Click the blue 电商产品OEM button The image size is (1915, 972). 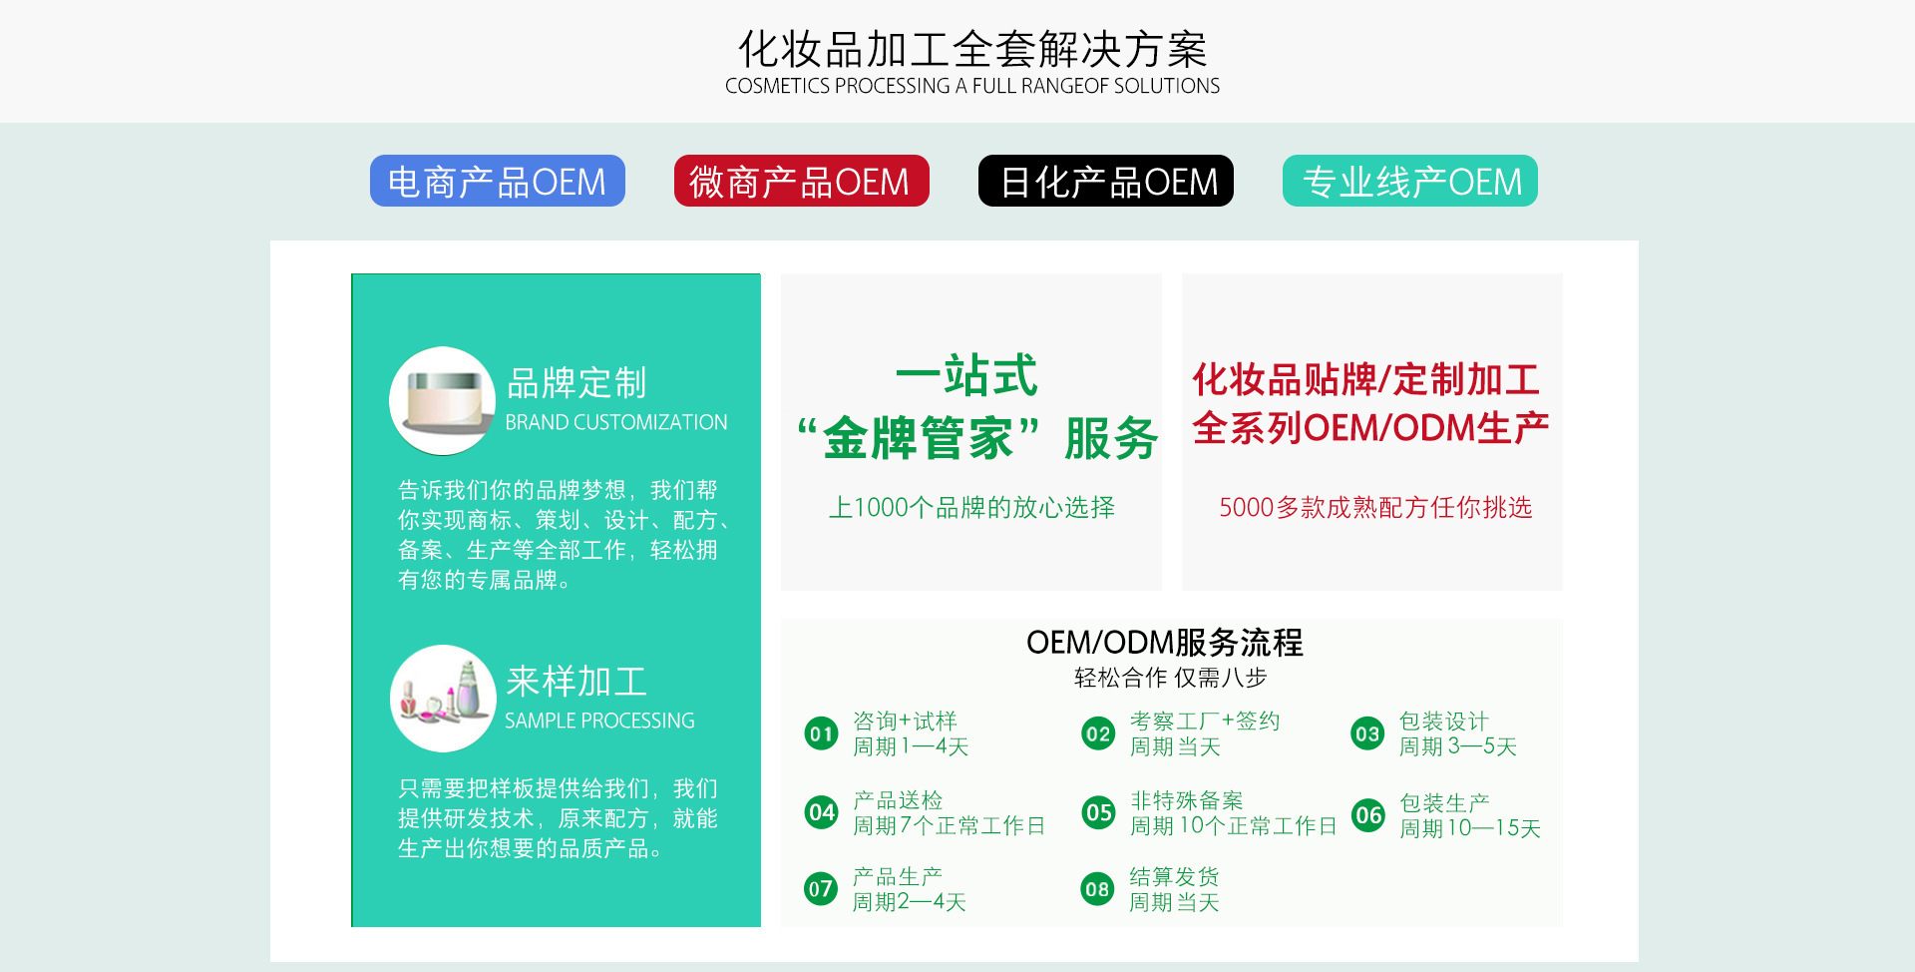coord(498,181)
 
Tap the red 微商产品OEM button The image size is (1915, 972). coord(802,181)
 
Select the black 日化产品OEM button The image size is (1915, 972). coord(1106,181)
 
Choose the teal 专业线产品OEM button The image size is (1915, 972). coord(1410,181)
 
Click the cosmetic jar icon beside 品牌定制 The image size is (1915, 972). coord(443,400)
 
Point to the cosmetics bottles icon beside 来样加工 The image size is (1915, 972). coord(443,699)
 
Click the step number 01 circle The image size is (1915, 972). coord(821,734)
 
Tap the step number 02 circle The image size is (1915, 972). coord(1098,734)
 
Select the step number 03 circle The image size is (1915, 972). coord(1367,734)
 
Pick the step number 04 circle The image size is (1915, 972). coord(821,812)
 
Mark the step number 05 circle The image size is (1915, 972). coord(1098,812)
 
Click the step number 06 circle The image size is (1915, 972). coord(1367,815)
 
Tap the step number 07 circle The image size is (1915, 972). coord(821,888)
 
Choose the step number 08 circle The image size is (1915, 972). coord(1098,888)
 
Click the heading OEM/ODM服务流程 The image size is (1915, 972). coord(1165,642)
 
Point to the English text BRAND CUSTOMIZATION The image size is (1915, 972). coord(616,422)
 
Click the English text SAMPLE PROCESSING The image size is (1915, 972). coord(599,721)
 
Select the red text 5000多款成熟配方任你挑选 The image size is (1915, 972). coord(1375,507)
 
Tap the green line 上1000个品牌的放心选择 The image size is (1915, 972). coord(971,507)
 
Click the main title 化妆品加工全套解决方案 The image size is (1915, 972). coord(972,49)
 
